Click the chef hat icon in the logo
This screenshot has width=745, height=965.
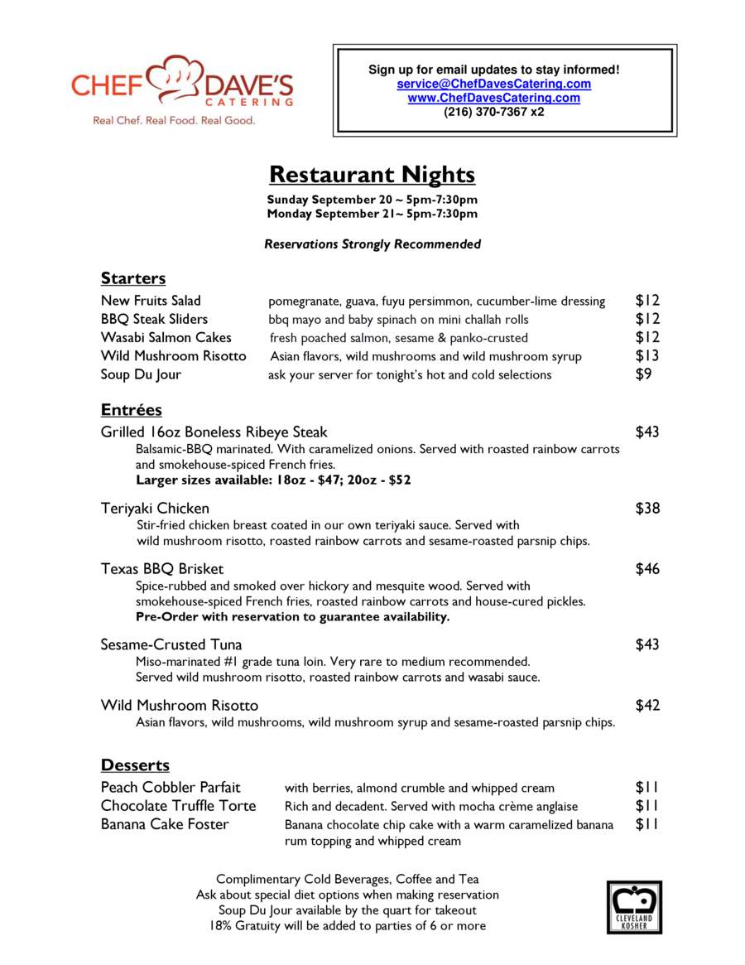tap(180, 77)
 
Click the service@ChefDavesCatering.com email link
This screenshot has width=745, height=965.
tap(493, 84)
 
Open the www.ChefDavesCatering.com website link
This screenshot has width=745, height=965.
tap(493, 98)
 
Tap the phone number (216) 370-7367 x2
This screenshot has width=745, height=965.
tap(493, 112)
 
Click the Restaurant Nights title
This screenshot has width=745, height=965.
tap(372, 175)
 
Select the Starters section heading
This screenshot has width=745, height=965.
tap(133, 277)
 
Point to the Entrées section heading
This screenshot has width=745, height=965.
tap(132, 410)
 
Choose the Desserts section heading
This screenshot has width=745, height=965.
tap(135, 765)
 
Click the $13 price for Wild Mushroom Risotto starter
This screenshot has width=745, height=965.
tap(647, 355)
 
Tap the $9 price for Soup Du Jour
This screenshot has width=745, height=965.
tap(643, 374)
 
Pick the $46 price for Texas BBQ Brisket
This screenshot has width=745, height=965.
tap(647, 569)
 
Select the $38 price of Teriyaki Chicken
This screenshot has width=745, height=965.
tap(647, 508)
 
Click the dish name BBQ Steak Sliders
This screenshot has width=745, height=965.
tap(155, 319)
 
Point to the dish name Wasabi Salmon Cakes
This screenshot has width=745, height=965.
tap(166, 337)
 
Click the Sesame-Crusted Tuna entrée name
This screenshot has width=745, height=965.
tap(171, 644)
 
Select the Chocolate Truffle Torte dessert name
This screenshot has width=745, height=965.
tap(179, 806)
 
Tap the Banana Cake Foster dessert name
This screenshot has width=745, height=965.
tap(165, 824)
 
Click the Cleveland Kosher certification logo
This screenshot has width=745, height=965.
tap(635, 906)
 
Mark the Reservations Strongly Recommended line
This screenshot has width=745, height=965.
tap(372, 244)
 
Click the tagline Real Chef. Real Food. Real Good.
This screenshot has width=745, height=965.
tap(174, 120)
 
